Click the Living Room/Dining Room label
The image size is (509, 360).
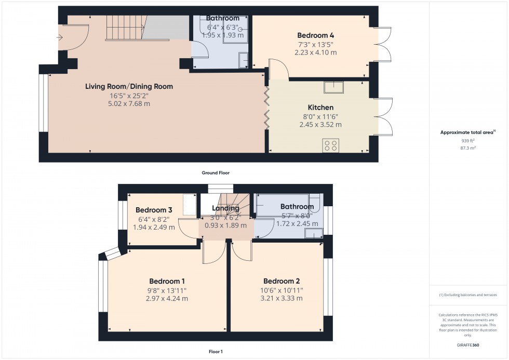tap(129, 86)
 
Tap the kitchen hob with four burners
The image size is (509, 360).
tap(330, 145)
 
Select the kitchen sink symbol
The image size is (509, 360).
tap(333, 87)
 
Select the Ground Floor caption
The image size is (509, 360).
tap(216, 172)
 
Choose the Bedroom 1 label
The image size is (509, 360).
tap(167, 281)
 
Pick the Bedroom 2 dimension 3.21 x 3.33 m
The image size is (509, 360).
tap(283, 298)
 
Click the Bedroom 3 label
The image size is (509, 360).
tap(154, 210)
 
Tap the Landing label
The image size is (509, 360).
tap(225, 208)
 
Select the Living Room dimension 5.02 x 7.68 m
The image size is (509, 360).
tap(129, 104)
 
